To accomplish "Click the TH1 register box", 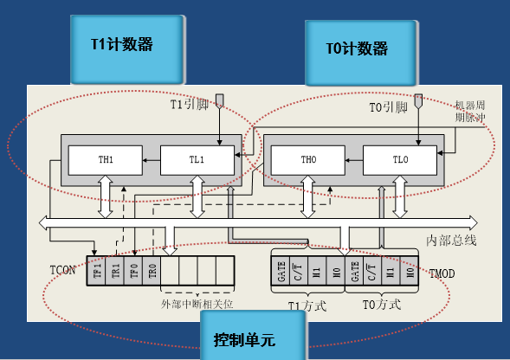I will coord(105,159).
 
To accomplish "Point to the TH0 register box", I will coord(307,159).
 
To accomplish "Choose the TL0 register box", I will coord(397,159).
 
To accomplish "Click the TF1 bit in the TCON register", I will coord(95,271).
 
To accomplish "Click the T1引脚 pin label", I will coord(189,106).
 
